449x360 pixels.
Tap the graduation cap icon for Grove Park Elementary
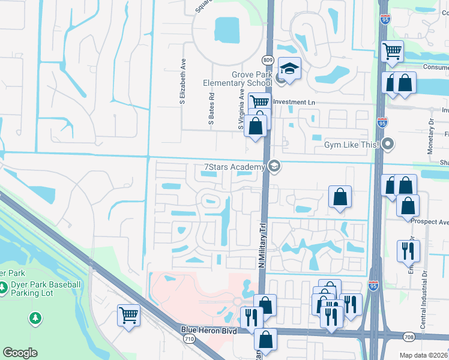[x=289, y=68]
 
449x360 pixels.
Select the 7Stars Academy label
[x=234, y=166]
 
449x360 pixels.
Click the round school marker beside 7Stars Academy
[x=274, y=166]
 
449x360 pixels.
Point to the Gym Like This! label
[x=351, y=145]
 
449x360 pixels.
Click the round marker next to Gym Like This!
[x=388, y=144]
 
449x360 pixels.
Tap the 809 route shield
[x=267, y=60]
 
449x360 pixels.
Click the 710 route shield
[x=189, y=340]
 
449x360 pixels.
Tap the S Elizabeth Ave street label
[x=182, y=82]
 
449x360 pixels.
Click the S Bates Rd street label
[x=211, y=108]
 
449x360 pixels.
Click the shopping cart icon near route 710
[x=129, y=314]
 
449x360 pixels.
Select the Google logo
[x=20, y=353]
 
